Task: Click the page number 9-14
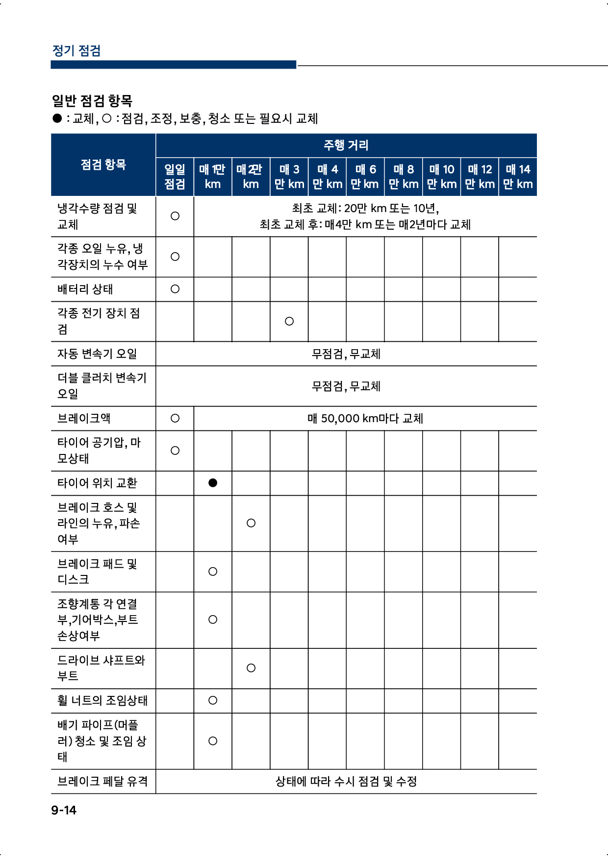click(x=64, y=810)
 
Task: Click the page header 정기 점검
click(x=76, y=50)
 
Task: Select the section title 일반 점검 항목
click(x=92, y=101)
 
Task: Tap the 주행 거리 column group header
click(x=346, y=145)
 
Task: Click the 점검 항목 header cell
click(x=103, y=165)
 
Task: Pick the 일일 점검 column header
click(x=175, y=176)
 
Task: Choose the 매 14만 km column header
click(x=518, y=176)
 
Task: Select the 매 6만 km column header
click(x=365, y=176)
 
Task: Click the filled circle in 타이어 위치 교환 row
click(x=213, y=483)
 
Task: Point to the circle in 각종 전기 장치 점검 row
click(x=289, y=321)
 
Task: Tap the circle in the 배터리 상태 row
click(x=175, y=289)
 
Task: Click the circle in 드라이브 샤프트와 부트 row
click(x=251, y=668)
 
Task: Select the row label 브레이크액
click(x=84, y=418)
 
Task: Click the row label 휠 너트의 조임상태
click(x=102, y=700)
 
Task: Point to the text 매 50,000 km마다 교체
click(x=365, y=418)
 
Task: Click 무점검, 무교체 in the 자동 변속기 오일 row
click(x=346, y=354)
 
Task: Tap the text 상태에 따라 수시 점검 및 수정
click(x=346, y=781)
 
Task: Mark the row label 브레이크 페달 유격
click(x=102, y=781)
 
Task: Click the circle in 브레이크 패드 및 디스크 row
click(x=213, y=572)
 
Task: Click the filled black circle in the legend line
click(x=57, y=118)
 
